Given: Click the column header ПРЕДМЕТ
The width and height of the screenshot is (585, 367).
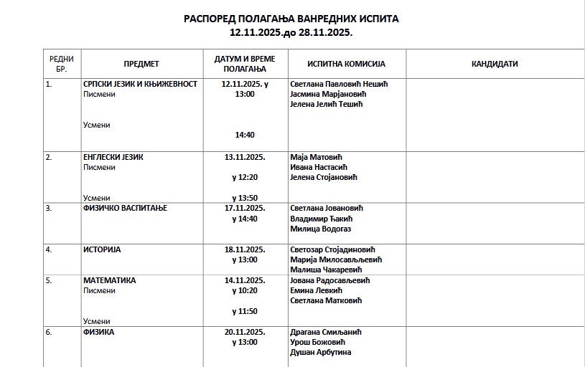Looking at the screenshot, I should coord(141,64).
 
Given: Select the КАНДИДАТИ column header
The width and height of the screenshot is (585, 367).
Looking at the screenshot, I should coord(495,64).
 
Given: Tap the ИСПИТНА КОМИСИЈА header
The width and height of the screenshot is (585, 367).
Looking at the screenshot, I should coord(346,64).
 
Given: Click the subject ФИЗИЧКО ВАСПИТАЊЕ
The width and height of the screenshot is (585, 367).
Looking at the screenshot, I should coord(125,209).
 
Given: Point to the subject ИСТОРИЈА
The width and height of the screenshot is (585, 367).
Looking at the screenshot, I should coord(102,250).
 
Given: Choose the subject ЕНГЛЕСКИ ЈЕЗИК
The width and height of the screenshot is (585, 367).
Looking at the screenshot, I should coord(113,157).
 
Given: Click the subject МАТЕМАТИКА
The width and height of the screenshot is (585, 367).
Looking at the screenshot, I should coord(110,280).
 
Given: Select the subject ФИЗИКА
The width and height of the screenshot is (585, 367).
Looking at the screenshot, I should coord(99,332).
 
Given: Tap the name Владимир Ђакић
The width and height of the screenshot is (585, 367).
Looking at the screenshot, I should coord(322,219).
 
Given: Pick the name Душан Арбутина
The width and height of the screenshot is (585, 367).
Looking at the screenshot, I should coord(321,352).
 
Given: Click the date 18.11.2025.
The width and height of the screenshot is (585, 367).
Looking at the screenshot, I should coord(245,250).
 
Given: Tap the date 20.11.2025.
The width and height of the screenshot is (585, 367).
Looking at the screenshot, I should coord(245,332).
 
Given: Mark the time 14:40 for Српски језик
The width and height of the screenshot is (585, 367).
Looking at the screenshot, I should coord(245,135).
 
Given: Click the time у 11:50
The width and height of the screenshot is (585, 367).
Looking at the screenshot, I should coord(245,311).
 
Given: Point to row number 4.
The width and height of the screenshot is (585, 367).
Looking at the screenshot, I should coord(49,250).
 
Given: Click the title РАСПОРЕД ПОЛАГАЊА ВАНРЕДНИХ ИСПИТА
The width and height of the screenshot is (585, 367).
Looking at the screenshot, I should coord(291,18).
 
